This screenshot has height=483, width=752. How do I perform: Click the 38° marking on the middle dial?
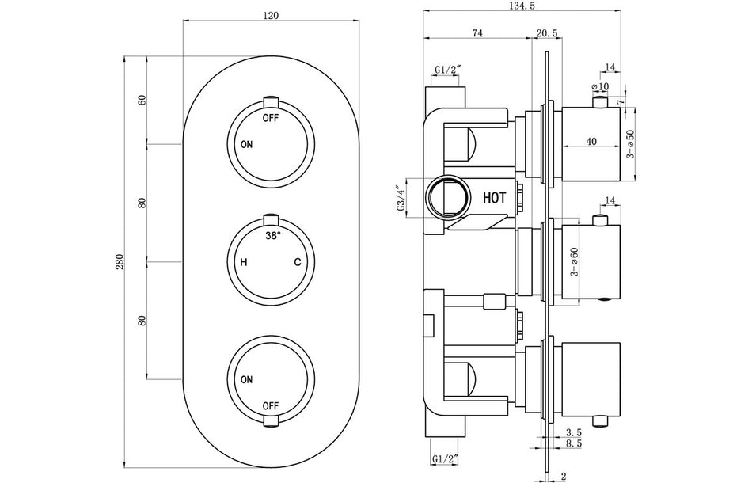click(x=272, y=236)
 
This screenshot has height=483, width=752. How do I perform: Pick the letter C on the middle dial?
click(x=298, y=262)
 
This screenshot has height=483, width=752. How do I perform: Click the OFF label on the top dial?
click(x=272, y=117)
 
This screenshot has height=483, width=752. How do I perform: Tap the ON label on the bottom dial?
click(x=247, y=380)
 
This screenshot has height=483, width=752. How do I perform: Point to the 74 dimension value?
click(x=477, y=32)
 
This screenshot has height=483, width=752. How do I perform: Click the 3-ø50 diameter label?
click(x=630, y=143)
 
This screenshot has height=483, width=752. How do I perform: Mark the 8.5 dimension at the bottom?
click(x=575, y=446)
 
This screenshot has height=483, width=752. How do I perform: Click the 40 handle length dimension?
click(x=591, y=142)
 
